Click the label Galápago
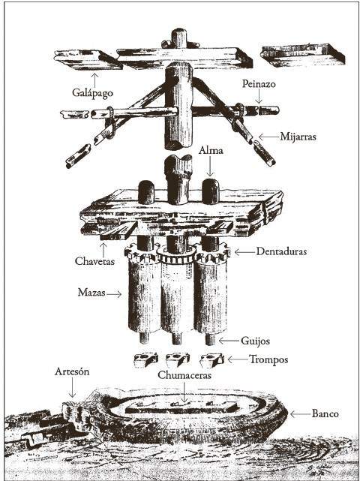tap(92, 92)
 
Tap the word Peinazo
tap(259, 84)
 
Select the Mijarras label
tap(298, 137)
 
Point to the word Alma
tap(211, 150)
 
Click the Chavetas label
tap(94, 261)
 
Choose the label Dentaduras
tap(281, 251)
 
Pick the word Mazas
tap(91, 292)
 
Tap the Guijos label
tap(255, 341)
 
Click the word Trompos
tap(268, 359)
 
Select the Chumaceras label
tap(184, 375)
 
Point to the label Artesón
tap(72, 371)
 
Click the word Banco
tap(325, 413)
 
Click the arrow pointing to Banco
tap(300, 414)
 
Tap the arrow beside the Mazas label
tap(114, 294)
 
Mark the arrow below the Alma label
tap(210, 167)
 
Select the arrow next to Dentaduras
tap(244, 252)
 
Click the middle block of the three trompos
tap(177, 359)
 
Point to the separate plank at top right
tap(303, 56)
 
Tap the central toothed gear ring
tap(176, 255)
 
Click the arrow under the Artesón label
tap(72, 387)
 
